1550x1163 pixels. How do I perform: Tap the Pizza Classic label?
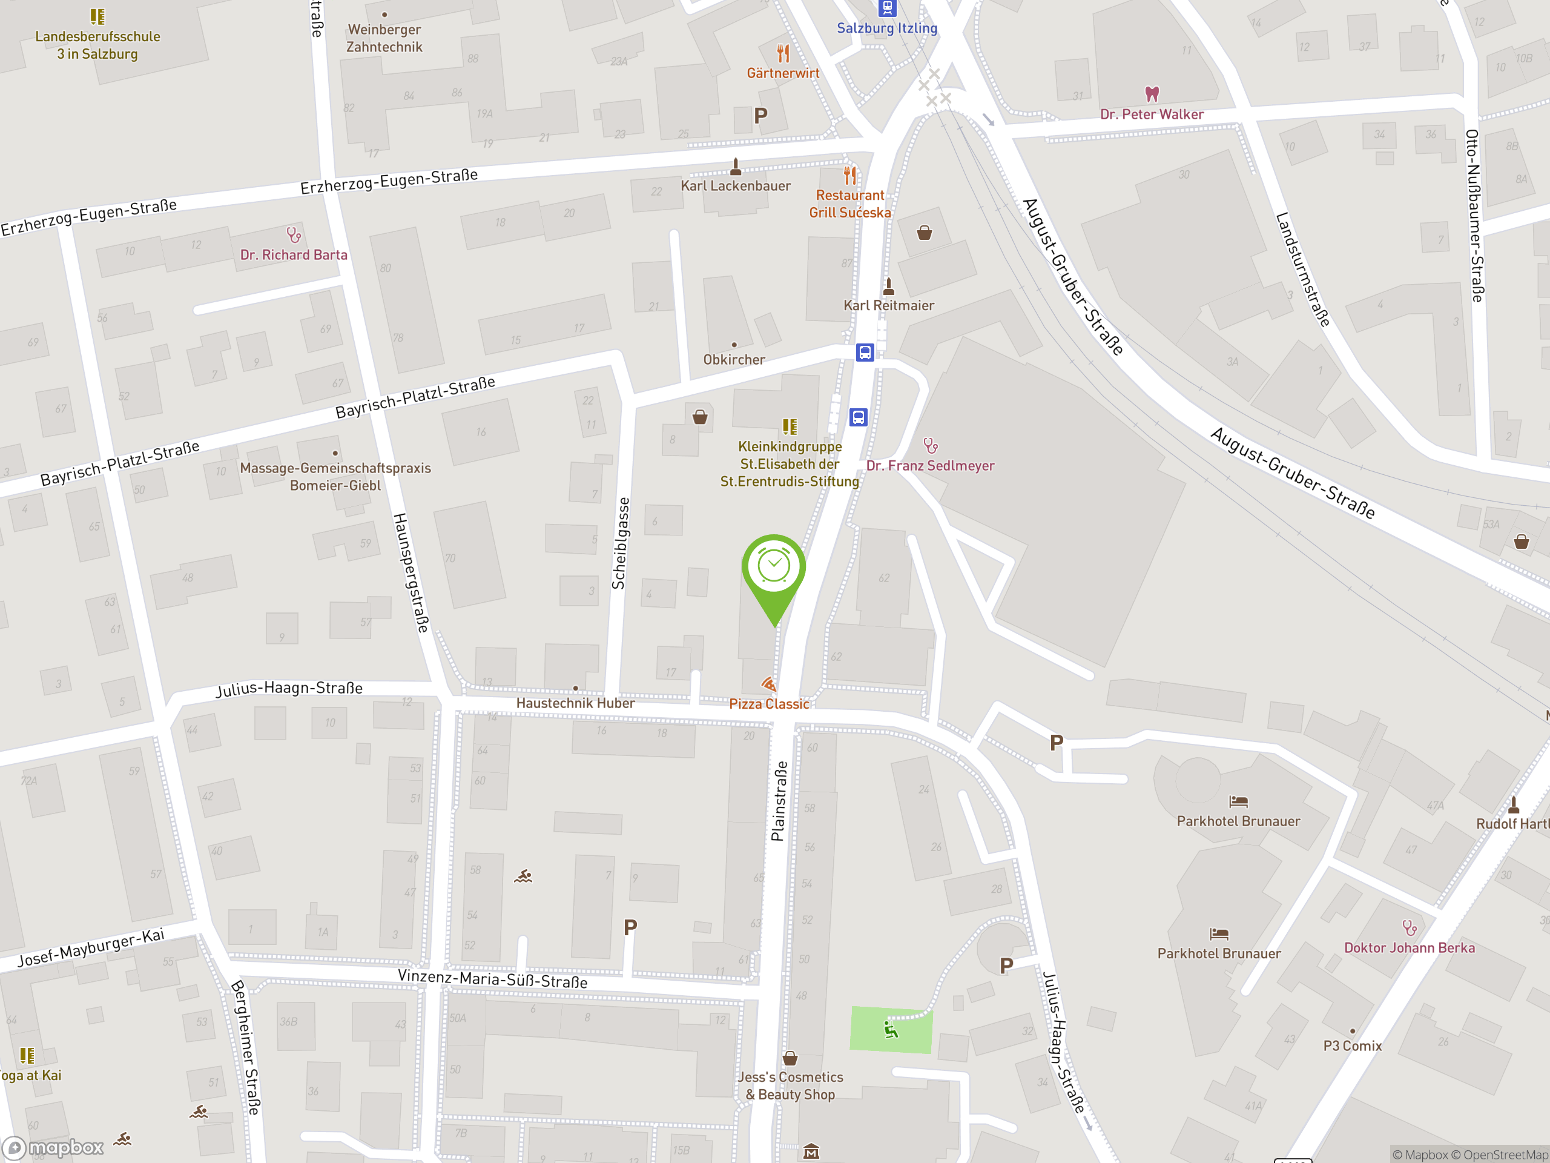(769, 704)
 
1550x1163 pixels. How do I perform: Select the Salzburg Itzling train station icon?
(887, 8)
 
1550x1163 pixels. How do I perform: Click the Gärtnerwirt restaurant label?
(783, 73)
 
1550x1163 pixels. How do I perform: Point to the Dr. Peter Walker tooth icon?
(1151, 93)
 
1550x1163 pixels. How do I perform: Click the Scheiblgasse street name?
(619, 543)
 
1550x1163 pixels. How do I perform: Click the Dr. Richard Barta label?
(294, 255)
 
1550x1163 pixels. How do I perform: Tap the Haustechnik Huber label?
(575, 703)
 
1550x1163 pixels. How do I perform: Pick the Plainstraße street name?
(779, 801)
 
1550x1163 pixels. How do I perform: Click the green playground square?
(891, 1029)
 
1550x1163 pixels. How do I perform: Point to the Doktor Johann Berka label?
(1409, 948)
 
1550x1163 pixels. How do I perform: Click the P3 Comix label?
(1351, 1046)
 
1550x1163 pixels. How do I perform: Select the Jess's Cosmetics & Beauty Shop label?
(790, 1085)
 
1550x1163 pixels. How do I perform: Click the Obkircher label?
(734, 360)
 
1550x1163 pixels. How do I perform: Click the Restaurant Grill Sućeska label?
(850, 204)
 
